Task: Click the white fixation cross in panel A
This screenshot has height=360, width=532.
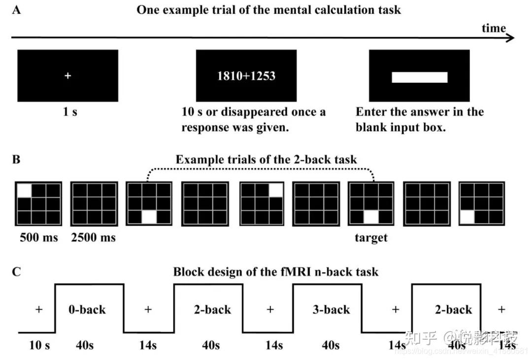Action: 68,76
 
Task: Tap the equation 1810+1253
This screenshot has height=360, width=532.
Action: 246,76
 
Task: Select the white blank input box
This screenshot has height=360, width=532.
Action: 419,77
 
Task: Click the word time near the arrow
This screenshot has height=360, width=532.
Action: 494,28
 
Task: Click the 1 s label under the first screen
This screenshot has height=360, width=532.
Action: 69,112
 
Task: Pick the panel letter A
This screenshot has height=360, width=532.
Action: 16,10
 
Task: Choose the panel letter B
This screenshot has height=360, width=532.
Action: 16,160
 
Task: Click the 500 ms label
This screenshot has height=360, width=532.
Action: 38,237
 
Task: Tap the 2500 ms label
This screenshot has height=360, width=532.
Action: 94,237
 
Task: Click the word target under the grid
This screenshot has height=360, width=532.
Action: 371,238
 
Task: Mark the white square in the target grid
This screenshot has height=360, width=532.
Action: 370,217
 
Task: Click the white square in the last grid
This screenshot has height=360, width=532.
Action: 467,217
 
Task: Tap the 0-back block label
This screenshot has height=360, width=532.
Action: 87,310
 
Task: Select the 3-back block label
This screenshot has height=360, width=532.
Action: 331,310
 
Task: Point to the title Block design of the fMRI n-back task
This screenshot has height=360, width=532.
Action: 276,271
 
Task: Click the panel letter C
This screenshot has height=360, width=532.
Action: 16,271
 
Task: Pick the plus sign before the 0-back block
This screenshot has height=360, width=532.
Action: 39,310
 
